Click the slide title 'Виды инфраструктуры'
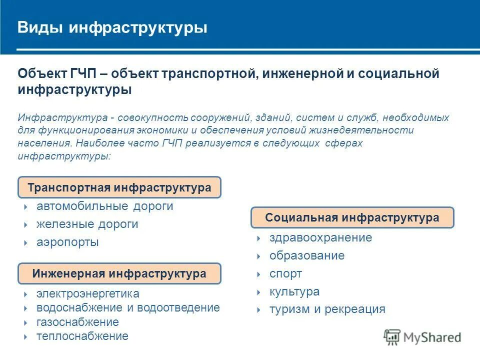coord(112,27)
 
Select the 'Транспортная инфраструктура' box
coord(119,188)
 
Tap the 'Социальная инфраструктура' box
coord(352,218)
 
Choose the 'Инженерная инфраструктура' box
coord(119,274)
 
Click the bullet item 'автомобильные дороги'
coord(104,206)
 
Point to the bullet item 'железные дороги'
coord(87,224)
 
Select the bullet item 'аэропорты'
coord(67,242)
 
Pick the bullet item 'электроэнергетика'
coord(87,294)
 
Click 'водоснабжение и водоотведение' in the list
coord(128,307)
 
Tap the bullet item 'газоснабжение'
coord(77,322)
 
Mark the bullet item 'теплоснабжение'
coord(82,336)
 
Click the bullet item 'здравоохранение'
coord(320,238)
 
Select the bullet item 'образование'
coord(307,256)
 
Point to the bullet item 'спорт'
coord(285,274)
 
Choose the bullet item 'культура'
coord(294,292)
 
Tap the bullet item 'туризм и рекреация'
coord(327,309)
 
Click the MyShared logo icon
coord(392,337)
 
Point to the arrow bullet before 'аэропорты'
coord(25,243)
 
